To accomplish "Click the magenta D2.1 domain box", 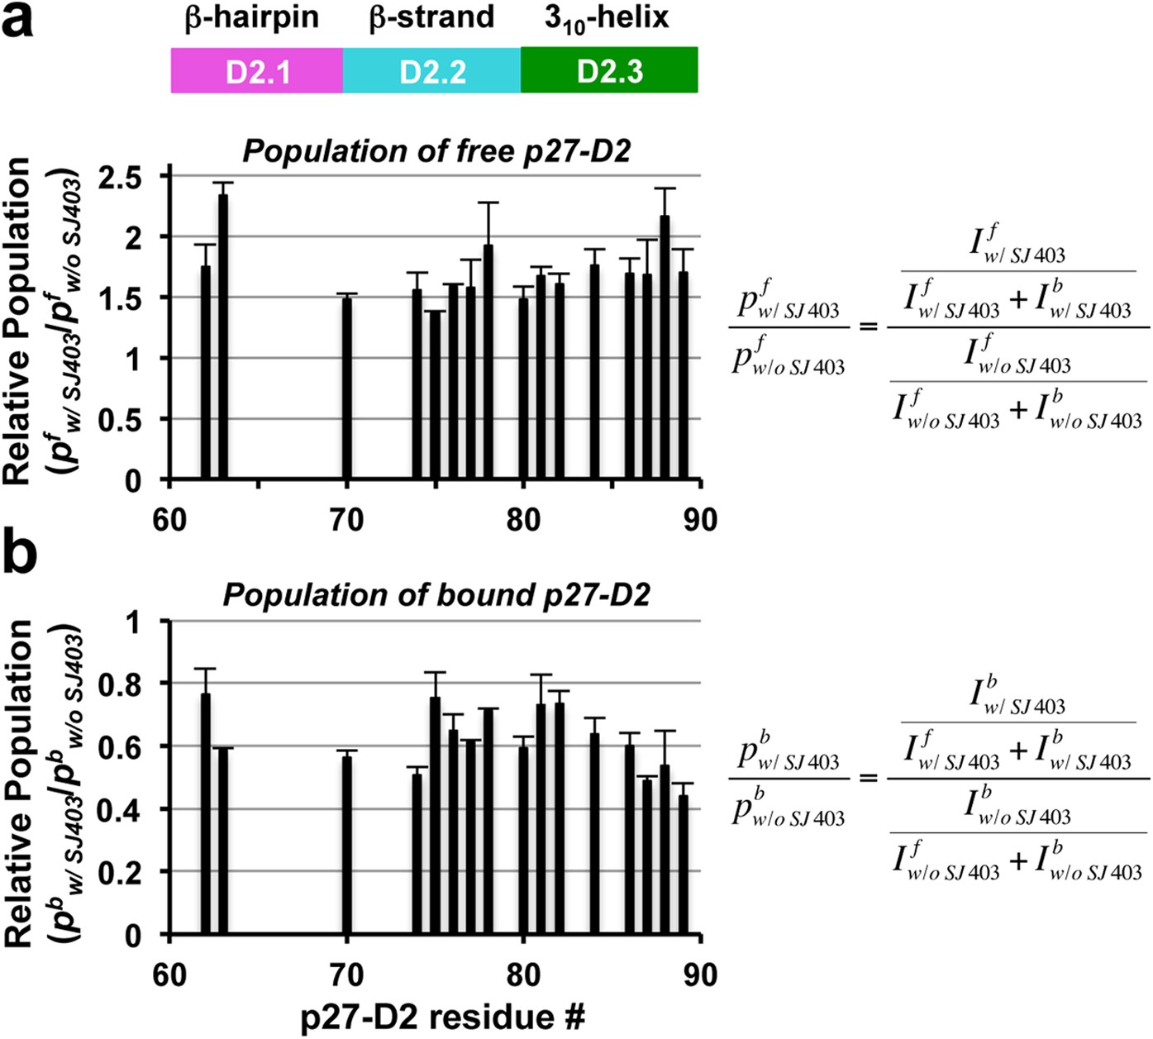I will coord(257,71).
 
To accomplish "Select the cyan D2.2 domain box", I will coord(431,71).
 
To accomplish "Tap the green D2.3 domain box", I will coord(609,71).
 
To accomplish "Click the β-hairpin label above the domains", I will coord(251,18).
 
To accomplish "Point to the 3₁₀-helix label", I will coord(606,18).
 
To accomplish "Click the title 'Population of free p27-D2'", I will coord(436,152).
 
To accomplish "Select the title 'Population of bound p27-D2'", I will coord(436,595).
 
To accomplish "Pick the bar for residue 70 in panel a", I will coord(347,388).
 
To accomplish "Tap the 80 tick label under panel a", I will coord(523,520).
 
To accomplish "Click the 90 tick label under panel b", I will coord(699,975).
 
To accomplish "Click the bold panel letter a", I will coord(18,21).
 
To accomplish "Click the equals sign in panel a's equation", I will coord(868,327).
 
